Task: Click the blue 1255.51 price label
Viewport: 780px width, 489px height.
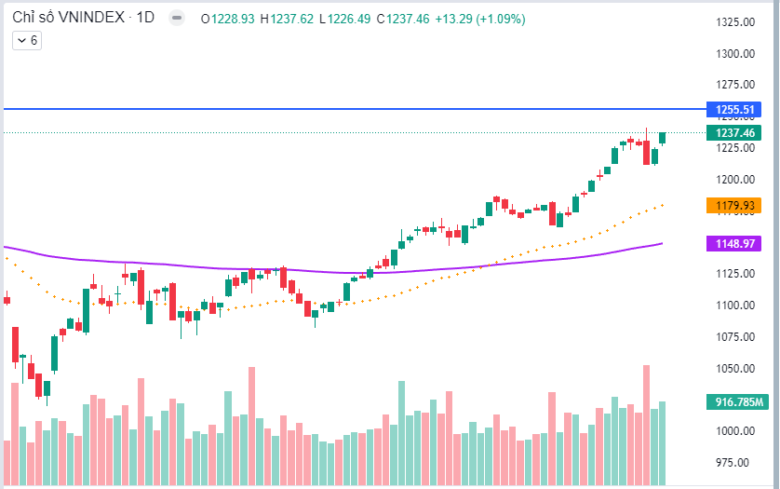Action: (734, 109)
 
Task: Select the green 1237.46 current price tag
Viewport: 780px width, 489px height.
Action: (734, 132)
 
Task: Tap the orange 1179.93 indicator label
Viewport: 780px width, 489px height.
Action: (734, 205)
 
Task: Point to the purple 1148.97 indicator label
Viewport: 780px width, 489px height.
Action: (734, 243)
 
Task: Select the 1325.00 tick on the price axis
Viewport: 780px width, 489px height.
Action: (734, 22)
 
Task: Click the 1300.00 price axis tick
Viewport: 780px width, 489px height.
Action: (734, 54)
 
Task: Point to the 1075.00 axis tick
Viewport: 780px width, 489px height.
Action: (734, 337)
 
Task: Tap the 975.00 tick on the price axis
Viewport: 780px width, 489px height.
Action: (734, 463)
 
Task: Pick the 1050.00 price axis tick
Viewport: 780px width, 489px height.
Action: (734, 369)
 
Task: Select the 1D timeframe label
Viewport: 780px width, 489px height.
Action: (145, 19)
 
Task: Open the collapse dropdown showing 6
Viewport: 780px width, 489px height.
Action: (25, 40)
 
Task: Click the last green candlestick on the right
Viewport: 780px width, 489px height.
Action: (663, 138)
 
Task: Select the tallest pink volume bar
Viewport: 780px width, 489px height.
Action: (646, 424)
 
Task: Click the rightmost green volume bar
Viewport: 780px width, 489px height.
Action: (663, 442)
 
